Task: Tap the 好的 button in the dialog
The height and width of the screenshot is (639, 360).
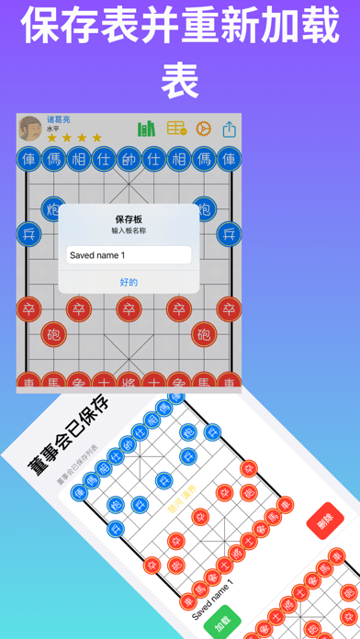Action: (x=129, y=282)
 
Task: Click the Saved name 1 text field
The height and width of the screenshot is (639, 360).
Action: (x=129, y=255)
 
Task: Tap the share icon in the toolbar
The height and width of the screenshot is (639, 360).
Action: (x=229, y=129)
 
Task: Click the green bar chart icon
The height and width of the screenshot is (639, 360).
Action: (x=146, y=129)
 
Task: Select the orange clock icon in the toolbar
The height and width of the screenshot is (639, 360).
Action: (x=204, y=129)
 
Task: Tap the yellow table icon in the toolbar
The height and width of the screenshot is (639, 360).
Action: (x=176, y=129)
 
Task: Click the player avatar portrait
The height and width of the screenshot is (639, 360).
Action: (x=30, y=129)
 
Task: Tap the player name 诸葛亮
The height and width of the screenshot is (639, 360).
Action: (x=60, y=119)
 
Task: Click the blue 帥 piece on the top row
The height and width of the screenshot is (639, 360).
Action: (x=129, y=160)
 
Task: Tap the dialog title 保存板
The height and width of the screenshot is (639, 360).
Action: (x=129, y=219)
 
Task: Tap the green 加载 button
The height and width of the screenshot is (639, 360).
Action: (x=220, y=623)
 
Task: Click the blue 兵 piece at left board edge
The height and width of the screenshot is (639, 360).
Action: (x=28, y=233)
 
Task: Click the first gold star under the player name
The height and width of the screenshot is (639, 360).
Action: (x=51, y=139)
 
